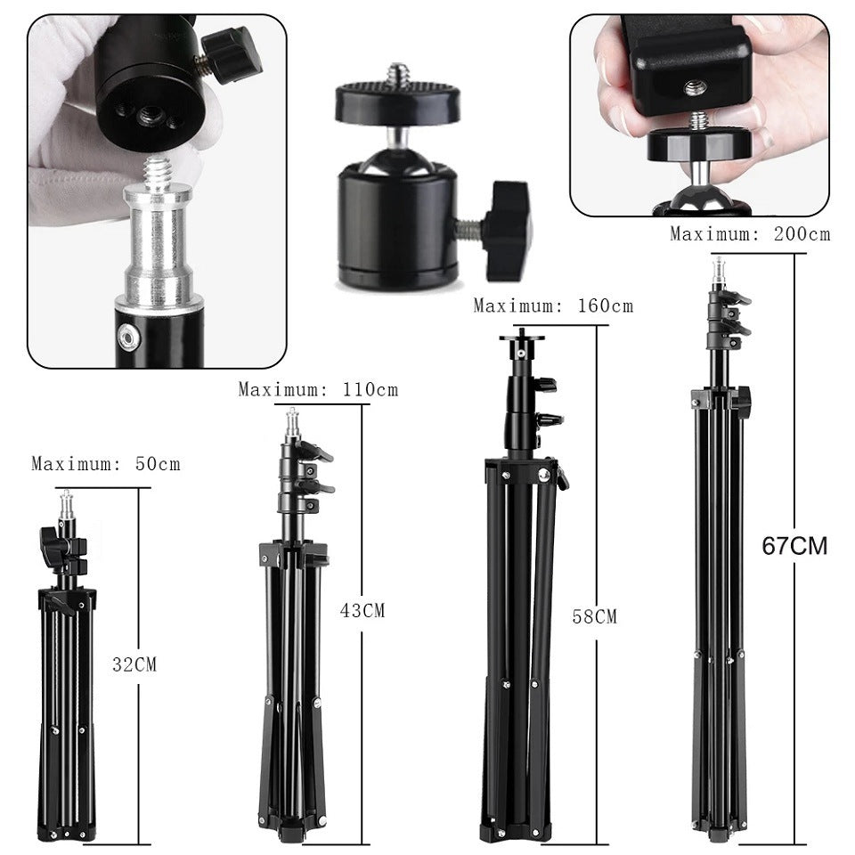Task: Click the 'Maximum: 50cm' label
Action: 105,464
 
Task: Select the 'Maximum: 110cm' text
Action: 318,389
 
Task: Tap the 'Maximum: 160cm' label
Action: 553,305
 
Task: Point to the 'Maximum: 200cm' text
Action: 750,234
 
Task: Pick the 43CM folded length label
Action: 362,610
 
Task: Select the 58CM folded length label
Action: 594,616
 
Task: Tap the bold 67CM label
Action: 794,546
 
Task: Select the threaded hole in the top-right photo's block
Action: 695,87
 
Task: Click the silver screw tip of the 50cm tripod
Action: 66,508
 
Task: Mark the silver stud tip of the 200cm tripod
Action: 718,270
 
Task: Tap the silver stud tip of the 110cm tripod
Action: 291,423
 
